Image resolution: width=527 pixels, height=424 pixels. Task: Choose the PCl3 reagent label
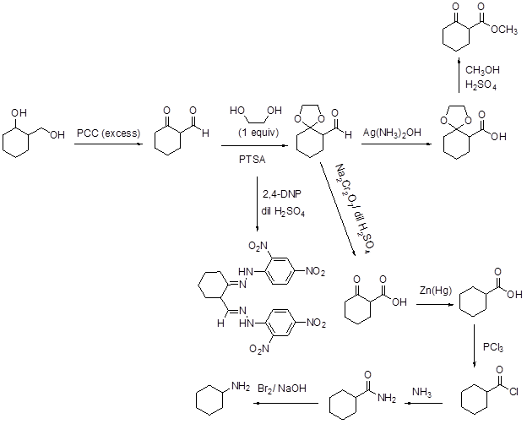tap(493, 347)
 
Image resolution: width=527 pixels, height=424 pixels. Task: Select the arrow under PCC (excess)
tap(107, 145)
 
